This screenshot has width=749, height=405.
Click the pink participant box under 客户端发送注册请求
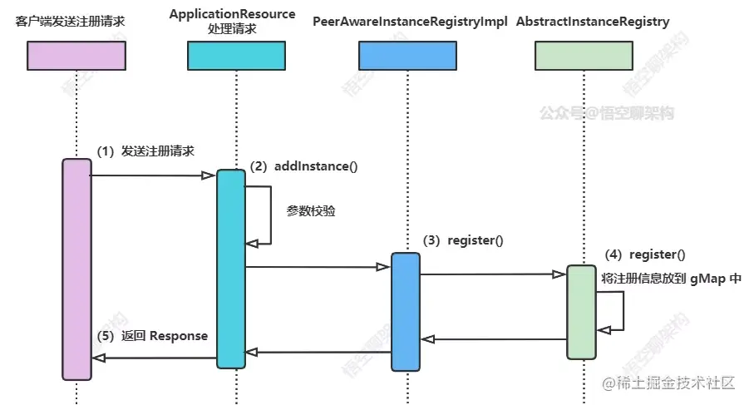pos(76,56)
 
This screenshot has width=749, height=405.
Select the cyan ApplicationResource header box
pos(236,56)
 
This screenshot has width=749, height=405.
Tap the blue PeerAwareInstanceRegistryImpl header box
pos(407,56)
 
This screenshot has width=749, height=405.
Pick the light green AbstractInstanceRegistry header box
pos(584,56)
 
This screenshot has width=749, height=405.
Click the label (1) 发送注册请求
pos(145,151)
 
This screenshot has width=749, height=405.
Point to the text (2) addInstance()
pos(303,166)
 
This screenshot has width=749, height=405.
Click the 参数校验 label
pos(311,210)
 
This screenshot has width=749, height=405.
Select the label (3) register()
pos(463,240)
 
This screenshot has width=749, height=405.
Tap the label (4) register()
pos(645,254)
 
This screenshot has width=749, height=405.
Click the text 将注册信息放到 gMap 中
pos(671,278)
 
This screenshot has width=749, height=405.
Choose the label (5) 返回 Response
pos(152,336)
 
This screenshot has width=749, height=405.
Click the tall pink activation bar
pos(77,269)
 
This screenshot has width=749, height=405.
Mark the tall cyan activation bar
pos(231,269)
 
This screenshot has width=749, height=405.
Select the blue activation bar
pos(406,312)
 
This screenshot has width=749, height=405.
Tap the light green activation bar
pos(581,312)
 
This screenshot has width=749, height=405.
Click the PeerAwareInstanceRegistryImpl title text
pos(410,22)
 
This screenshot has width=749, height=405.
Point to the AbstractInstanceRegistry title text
pos(593,22)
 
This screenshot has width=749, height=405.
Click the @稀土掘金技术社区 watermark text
pos(668,383)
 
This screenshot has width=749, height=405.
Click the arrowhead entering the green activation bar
pos(559,274)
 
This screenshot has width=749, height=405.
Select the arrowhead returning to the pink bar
pos(98,358)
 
